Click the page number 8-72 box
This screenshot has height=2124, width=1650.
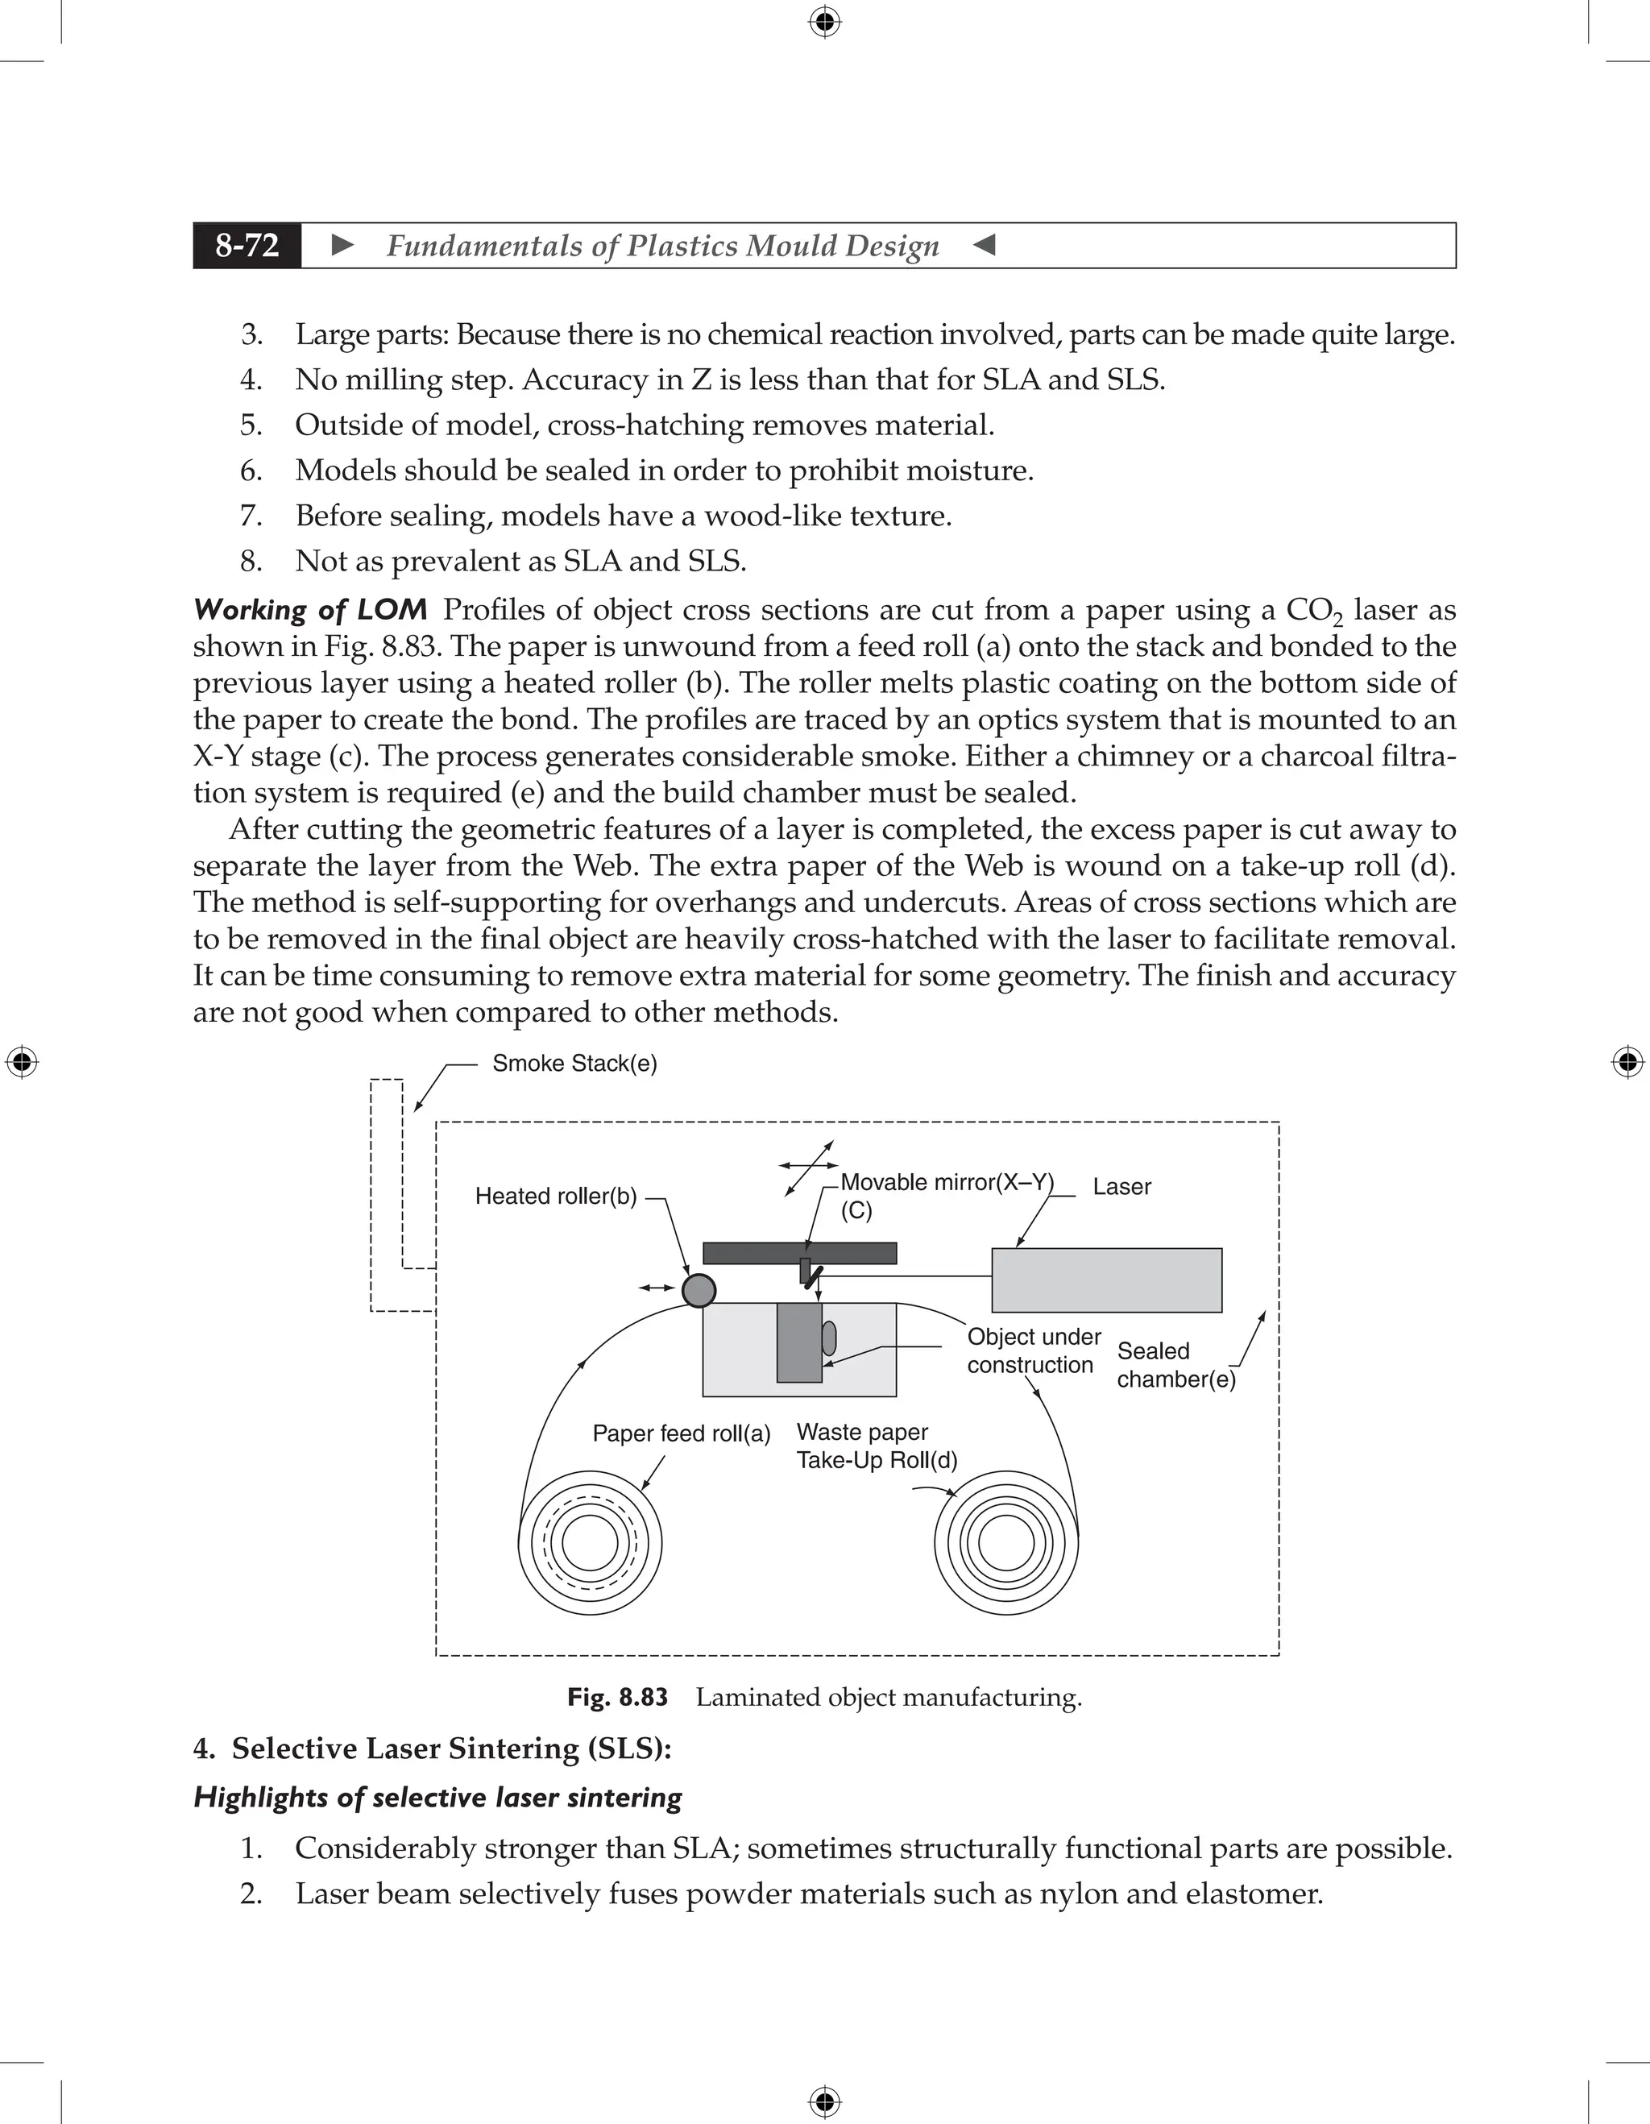pos(247,245)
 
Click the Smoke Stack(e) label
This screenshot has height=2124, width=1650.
pos(574,1063)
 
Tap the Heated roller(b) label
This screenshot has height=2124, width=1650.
pos(555,1197)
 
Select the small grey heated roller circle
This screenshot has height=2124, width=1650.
pos(699,1289)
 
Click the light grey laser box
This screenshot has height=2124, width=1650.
pos(1105,1280)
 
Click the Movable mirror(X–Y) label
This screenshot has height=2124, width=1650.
pos(946,1183)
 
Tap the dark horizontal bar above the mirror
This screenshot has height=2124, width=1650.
pos(799,1253)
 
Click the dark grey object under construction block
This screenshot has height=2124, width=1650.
pos(798,1342)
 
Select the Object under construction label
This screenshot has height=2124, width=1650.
pos(1033,1350)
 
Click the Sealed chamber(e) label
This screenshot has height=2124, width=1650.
pos(1175,1364)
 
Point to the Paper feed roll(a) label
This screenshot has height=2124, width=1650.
pos(681,1433)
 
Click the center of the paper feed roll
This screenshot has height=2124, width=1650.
pos(589,1542)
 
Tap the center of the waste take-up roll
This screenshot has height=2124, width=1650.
pos(1006,1542)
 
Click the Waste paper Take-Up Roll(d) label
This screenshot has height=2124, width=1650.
pos(875,1446)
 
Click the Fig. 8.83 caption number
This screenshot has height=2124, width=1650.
pos(617,1697)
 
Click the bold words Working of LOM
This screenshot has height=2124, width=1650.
pos(310,610)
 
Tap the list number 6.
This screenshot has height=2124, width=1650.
pos(251,471)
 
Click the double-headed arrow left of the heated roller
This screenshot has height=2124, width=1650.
pos(657,1288)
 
